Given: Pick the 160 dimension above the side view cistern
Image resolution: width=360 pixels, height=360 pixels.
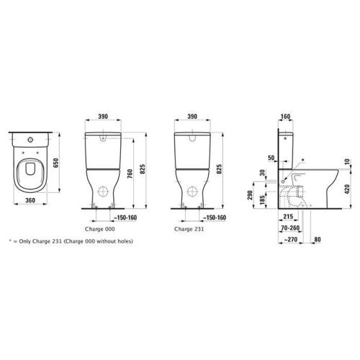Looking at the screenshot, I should [286, 115].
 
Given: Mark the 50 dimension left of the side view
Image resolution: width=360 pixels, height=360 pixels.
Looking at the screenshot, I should [271, 156].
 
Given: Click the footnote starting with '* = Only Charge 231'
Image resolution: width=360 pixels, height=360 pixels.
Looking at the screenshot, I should [71, 241].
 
